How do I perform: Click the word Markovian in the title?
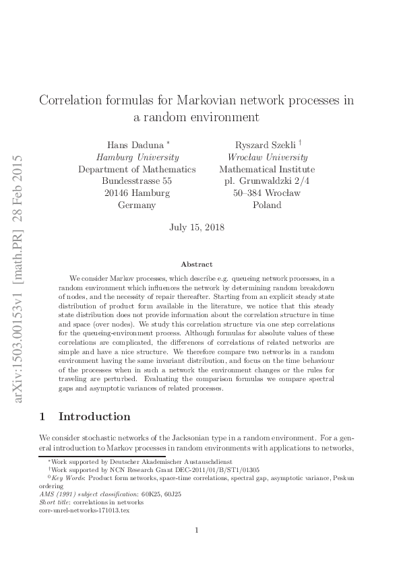coord(208,100)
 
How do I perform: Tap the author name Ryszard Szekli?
coord(263,145)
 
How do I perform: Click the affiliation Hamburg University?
coord(137,157)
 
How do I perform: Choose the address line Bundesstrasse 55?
coord(137,181)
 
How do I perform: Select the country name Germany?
coord(137,205)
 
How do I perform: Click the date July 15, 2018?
coord(196,228)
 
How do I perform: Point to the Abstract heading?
coord(197,265)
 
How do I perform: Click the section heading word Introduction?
coord(95,416)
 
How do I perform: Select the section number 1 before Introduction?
coord(42,416)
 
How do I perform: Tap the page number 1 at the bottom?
coord(196,530)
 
